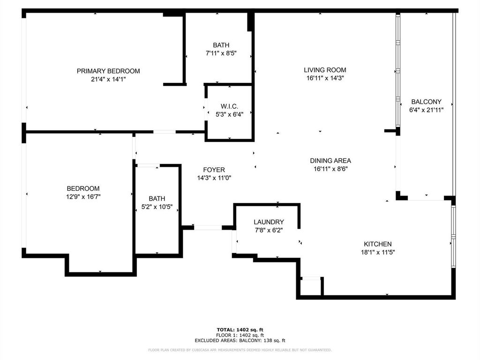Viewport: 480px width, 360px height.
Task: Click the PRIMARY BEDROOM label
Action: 108,71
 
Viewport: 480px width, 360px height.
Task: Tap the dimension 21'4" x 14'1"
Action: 108,79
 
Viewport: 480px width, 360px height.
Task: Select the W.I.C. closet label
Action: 229,106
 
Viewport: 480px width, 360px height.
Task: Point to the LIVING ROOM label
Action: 325,70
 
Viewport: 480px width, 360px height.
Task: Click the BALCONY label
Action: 426,102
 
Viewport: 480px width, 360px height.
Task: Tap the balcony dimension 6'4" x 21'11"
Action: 426,110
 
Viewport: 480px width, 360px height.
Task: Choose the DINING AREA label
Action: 330,160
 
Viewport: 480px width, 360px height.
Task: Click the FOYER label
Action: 214,170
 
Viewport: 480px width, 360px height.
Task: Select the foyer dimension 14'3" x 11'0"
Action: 214,178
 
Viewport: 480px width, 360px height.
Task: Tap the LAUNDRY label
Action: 269,222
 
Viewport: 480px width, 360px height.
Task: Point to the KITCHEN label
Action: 377,244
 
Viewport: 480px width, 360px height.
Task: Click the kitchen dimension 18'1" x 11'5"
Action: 377,252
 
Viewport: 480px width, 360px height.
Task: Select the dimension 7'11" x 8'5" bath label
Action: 221,53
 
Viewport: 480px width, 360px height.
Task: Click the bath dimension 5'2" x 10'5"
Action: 157,207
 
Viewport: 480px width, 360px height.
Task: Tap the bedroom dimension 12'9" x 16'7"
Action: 83,196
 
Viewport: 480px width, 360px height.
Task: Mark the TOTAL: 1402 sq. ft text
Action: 240,330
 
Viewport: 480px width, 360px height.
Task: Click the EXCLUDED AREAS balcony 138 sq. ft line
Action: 240,341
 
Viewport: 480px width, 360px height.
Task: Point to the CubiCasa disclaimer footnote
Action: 240,350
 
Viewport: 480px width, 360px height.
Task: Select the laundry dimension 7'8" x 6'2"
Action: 269,230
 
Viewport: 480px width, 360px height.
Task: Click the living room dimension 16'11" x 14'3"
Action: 325,78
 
